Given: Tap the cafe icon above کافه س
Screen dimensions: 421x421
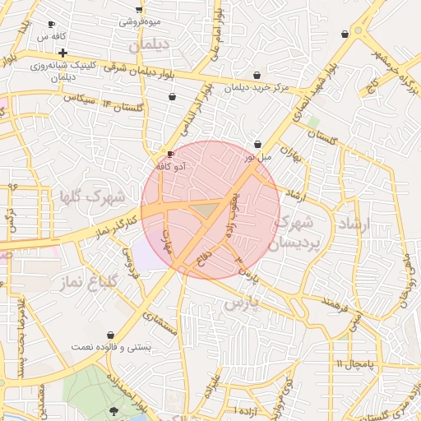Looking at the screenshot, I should (x=52, y=25).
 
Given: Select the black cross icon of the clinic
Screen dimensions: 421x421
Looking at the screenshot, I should (x=62, y=53).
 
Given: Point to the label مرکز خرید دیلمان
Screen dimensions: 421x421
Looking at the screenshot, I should (x=257, y=87).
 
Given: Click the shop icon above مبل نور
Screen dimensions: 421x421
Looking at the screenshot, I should (x=258, y=144).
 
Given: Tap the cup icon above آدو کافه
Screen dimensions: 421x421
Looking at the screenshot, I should (x=170, y=154).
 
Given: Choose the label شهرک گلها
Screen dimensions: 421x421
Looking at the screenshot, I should (x=91, y=197).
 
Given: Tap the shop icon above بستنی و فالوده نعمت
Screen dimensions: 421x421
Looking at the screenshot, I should (x=110, y=335).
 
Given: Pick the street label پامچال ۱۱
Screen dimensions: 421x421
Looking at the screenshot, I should (x=354, y=363).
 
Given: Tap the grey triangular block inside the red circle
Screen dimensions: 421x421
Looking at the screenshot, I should (x=204, y=212).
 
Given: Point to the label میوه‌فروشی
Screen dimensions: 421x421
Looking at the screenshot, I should (x=140, y=21).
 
